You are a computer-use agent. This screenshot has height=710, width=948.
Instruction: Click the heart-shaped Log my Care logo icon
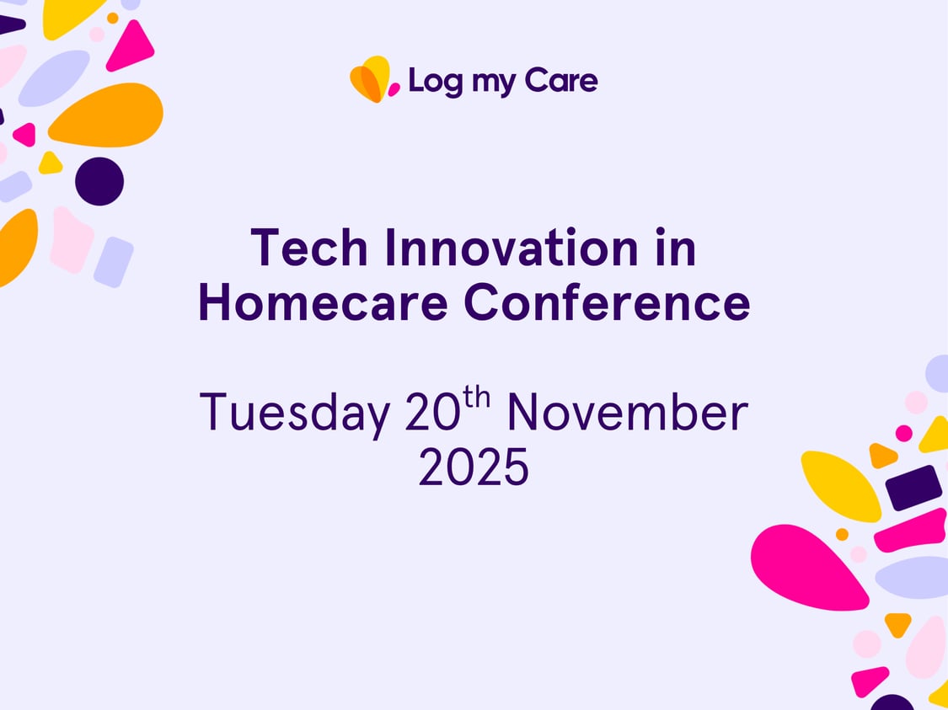[372, 80]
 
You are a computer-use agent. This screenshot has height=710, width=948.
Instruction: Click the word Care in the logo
[561, 81]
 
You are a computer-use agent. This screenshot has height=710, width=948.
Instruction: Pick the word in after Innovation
[675, 248]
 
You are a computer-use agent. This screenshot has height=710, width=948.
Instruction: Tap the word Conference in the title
[607, 304]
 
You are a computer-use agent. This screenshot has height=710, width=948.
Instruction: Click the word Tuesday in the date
[294, 413]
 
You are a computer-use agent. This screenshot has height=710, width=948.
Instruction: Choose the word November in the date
[627, 413]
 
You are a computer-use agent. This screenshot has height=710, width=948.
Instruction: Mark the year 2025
[474, 468]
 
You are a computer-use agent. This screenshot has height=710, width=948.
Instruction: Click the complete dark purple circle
[99, 181]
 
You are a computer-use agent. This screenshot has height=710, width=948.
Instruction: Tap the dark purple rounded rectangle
[913, 488]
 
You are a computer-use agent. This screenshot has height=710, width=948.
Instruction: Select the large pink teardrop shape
[805, 566]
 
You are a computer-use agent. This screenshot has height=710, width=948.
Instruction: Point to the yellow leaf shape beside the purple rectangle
[839, 485]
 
